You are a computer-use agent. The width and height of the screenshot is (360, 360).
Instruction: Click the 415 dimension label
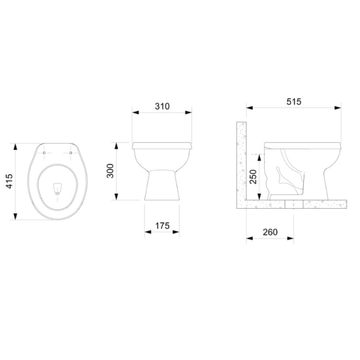tap(10, 181)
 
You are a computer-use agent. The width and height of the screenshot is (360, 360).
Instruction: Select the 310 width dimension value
tap(162, 106)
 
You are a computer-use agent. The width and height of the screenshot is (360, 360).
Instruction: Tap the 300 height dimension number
tap(110, 171)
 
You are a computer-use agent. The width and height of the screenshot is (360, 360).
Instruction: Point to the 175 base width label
tap(162, 226)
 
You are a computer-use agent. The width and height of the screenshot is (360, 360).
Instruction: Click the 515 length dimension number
tap(294, 102)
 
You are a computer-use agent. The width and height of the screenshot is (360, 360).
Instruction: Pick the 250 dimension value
tap(253, 177)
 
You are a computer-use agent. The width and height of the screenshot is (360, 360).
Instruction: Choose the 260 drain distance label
tap(270, 232)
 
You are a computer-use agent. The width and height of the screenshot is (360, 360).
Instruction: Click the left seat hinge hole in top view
tap(44, 153)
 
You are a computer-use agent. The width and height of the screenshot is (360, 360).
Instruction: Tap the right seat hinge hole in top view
tap(70, 153)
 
